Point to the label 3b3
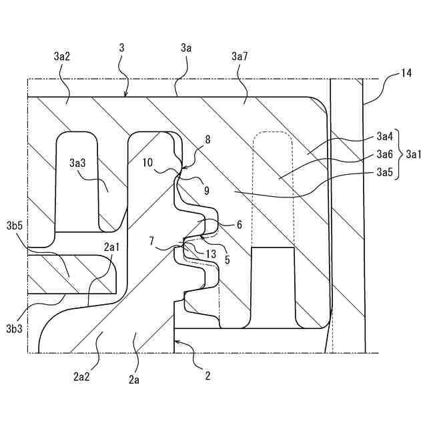pos(16,328)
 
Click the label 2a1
pos(111,247)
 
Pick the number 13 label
pos(211,254)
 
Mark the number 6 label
pos(238,225)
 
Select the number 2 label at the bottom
pos(207,376)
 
